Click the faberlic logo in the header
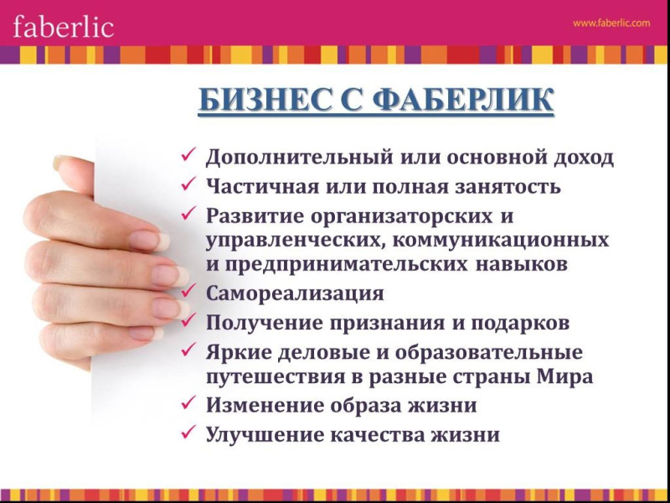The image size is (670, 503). [x=64, y=27]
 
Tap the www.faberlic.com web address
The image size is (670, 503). [x=611, y=23]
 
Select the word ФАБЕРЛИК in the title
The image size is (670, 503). [x=463, y=100]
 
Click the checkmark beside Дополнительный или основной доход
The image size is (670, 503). [x=188, y=154]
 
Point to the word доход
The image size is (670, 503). [x=584, y=158]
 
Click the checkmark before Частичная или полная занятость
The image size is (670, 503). [x=188, y=184]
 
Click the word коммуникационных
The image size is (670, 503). [x=499, y=240]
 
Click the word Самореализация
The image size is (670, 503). [x=295, y=294]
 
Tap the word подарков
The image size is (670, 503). [x=520, y=324]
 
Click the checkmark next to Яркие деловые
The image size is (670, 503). [x=188, y=349]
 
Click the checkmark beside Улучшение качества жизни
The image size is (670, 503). [x=188, y=431]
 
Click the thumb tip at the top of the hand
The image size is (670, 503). [x=59, y=163]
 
